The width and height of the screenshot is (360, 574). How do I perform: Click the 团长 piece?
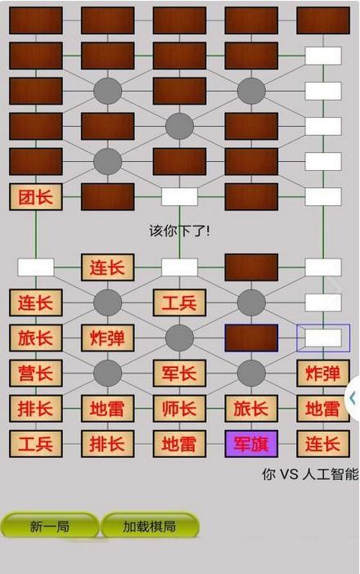click(35, 196)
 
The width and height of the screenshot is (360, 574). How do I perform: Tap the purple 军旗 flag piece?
click(251, 443)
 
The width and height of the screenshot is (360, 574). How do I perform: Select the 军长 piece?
click(179, 373)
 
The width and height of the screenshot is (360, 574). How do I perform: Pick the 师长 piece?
click(179, 408)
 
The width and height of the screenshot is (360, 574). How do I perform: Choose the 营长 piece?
click(35, 373)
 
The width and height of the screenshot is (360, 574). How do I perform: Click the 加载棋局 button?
click(149, 527)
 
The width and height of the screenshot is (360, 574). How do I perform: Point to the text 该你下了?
click(179, 231)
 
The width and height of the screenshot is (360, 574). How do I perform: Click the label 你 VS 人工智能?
click(309, 473)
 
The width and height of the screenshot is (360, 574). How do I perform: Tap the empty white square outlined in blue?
click(322, 338)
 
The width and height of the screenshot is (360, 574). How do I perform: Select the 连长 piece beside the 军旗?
click(322, 443)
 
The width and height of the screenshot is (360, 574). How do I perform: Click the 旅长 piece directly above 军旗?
click(251, 408)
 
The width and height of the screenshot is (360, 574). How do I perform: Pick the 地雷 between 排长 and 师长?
click(107, 408)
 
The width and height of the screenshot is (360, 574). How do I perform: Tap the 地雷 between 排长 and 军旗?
click(179, 443)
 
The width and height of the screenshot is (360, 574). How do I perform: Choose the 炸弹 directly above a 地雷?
click(322, 373)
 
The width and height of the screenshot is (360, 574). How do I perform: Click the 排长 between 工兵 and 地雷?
click(107, 443)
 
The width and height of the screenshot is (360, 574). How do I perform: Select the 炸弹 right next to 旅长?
click(107, 338)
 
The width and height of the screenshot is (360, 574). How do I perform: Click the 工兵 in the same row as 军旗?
click(35, 443)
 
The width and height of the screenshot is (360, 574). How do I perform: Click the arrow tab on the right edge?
click(353, 397)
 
